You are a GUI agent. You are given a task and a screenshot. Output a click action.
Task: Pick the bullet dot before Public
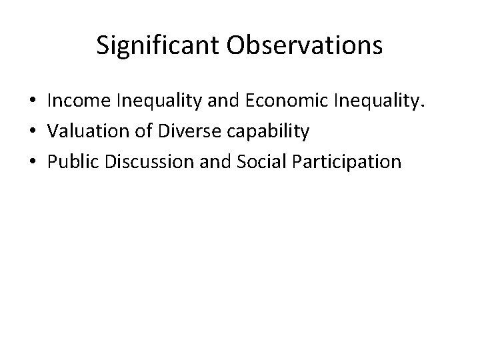(x=33, y=162)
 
